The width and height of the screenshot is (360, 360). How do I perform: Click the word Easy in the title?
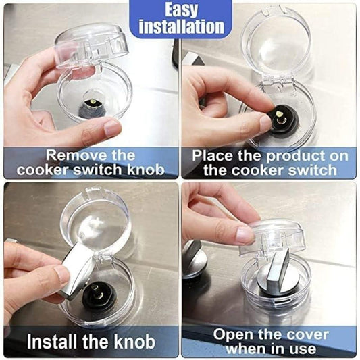[x=179, y=9]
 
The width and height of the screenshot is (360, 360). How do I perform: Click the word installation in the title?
[x=180, y=26]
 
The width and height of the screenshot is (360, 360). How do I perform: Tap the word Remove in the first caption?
[x=74, y=155]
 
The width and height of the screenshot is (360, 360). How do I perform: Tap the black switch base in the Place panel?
[x=283, y=120]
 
